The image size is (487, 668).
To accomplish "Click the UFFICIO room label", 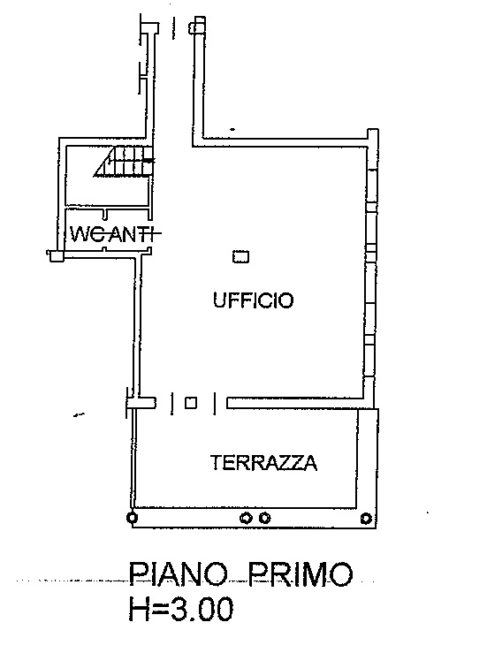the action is (x=253, y=300).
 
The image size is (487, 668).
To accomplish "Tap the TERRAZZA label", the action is (x=264, y=463).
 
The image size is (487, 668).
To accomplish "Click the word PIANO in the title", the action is (x=179, y=573).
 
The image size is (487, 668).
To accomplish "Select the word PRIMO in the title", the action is (x=301, y=573).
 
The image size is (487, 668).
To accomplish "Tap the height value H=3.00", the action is (x=181, y=608).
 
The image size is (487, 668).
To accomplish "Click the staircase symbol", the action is (x=124, y=161).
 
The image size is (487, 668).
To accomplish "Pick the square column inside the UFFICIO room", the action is (x=240, y=257).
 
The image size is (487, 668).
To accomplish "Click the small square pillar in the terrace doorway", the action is (x=191, y=403).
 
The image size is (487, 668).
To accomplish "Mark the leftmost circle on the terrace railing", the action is (x=133, y=518).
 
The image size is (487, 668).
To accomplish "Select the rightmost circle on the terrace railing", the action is (x=366, y=519).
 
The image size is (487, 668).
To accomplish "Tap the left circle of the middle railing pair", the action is (x=246, y=518).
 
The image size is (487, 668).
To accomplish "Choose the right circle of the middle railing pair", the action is (x=264, y=518).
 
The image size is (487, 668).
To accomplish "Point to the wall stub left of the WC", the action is (x=55, y=255).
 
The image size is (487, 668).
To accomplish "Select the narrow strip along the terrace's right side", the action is (x=367, y=459).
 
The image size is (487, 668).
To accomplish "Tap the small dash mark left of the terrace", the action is (x=79, y=414).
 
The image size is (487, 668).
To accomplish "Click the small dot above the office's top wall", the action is (x=232, y=129).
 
